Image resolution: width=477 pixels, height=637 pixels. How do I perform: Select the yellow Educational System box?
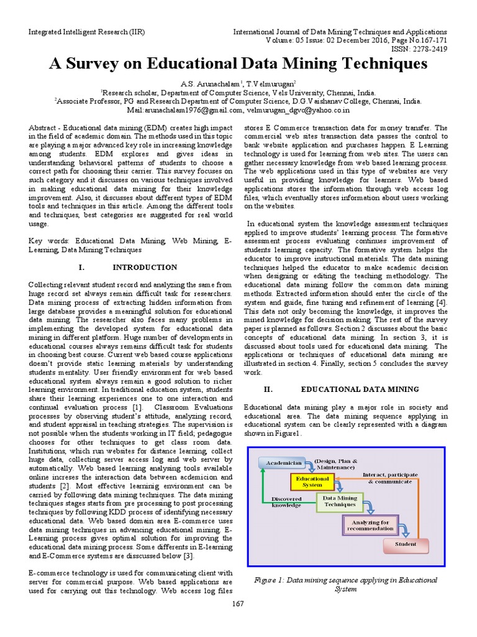point(308,481)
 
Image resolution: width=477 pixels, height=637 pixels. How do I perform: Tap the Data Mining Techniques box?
point(339,501)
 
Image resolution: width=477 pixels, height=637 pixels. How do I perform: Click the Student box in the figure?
point(406,544)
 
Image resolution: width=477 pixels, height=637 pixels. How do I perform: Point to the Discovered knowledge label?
point(286,501)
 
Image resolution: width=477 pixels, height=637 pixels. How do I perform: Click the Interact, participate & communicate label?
point(389,478)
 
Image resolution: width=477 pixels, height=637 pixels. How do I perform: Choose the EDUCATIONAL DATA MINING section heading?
point(360,389)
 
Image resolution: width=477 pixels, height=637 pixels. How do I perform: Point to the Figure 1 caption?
point(346,584)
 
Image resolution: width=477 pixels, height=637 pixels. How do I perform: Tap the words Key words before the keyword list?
point(50,239)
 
